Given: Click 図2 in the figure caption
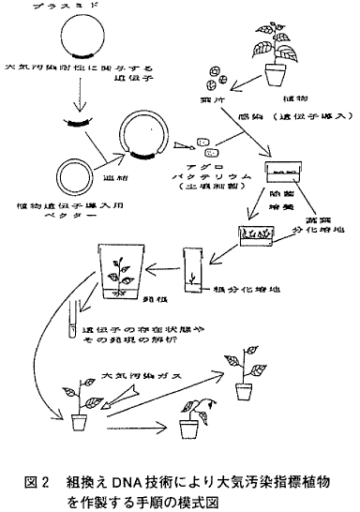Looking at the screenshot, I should (x=31, y=480).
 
